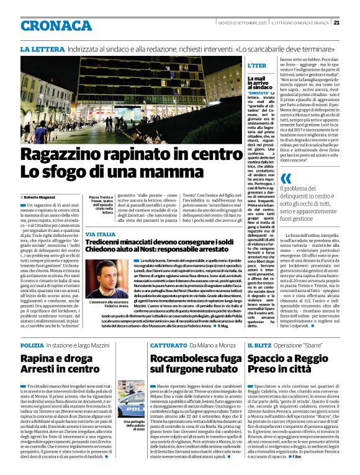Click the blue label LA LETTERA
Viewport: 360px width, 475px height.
pyautogui.click(x=40, y=48)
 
